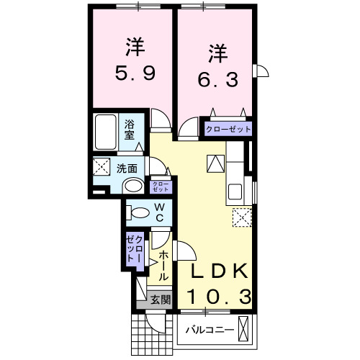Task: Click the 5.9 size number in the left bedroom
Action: click(x=135, y=73)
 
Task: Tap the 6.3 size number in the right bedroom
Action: click(x=218, y=79)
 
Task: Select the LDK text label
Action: click(x=219, y=271)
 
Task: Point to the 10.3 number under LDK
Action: click(x=220, y=297)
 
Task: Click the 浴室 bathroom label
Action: click(x=130, y=130)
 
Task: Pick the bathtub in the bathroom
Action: click(x=106, y=132)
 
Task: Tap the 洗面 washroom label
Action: click(x=127, y=168)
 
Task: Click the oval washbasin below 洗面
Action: click(x=133, y=186)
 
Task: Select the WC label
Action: click(x=160, y=212)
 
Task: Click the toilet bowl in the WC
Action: click(x=140, y=213)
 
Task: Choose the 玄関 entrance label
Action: click(x=161, y=300)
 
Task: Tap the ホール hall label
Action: click(x=163, y=266)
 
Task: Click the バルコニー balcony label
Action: click(x=210, y=330)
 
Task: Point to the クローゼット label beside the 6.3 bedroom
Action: click(x=228, y=130)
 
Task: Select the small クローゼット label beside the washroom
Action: click(x=161, y=186)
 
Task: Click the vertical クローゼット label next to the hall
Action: click(x=135, y=249)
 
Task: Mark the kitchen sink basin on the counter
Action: click(x=235, y=192)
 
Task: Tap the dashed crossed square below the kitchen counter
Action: click(x=242, y=217)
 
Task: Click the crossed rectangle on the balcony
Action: click(x=243, y=329)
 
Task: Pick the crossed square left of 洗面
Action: click(x=102, y=166)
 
